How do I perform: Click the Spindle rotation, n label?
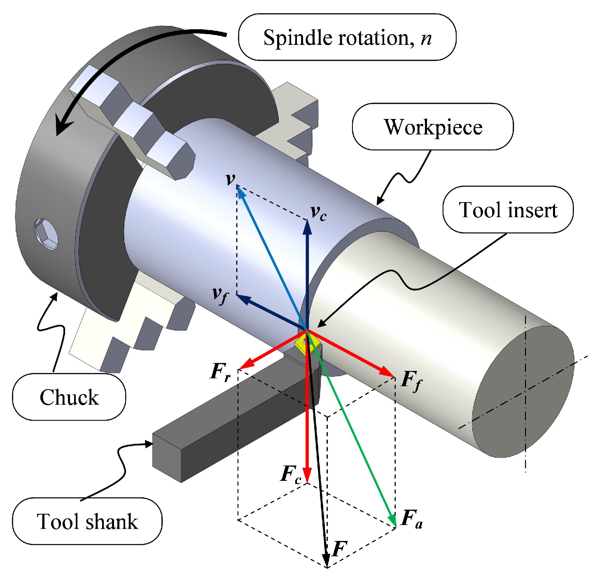(347, 37)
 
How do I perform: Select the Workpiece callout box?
(433, 127)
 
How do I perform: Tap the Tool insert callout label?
(508, 210)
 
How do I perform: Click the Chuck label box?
(69, 397)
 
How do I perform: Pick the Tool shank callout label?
(87, 522)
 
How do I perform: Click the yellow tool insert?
(305, 344)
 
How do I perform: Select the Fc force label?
(291, 474)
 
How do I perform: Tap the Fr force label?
(220, 372)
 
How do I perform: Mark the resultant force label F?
(340, 549)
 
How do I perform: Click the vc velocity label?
(318, 212)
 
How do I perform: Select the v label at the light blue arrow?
(231, 179)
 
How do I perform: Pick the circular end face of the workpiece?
(523, 391)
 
